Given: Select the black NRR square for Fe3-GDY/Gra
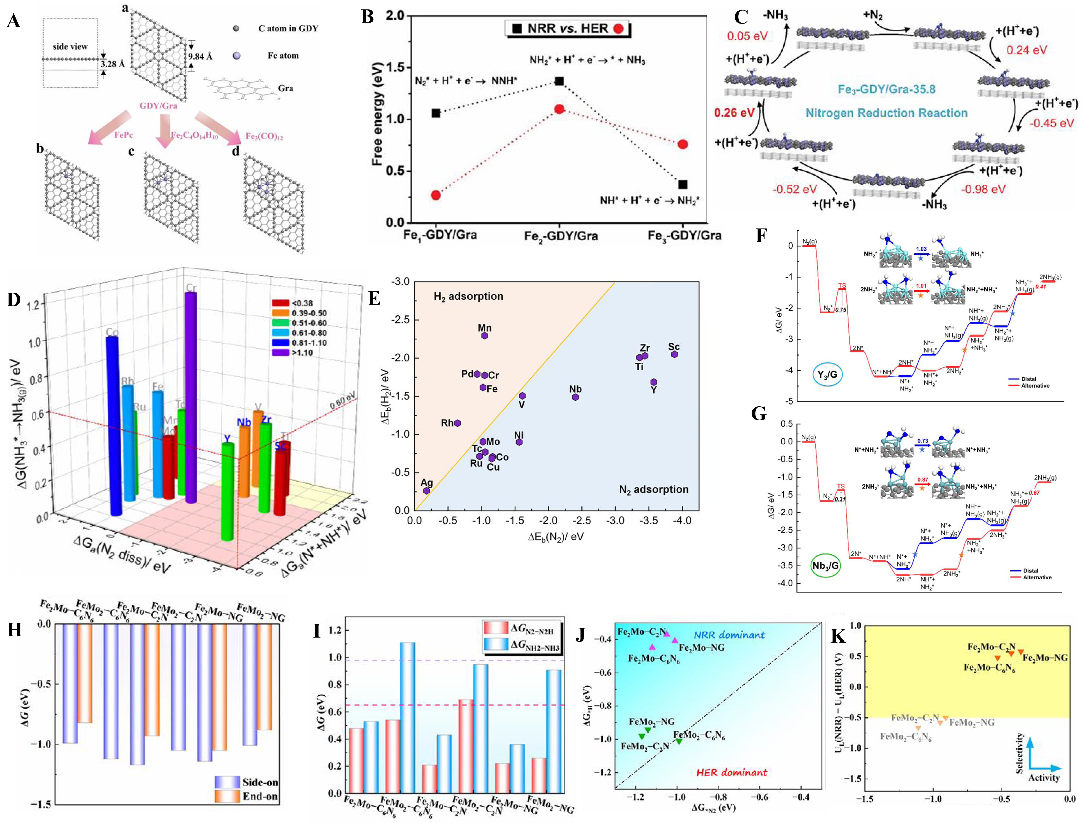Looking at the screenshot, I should [683, 185].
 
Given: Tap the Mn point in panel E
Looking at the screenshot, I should [485, 335].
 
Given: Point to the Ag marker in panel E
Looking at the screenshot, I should [426, 490].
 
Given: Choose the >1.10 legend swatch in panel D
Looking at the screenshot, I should [281, 352].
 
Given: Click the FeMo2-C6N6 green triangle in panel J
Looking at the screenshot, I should [679, 741].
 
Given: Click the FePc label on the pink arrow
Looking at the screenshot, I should [123, 135].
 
